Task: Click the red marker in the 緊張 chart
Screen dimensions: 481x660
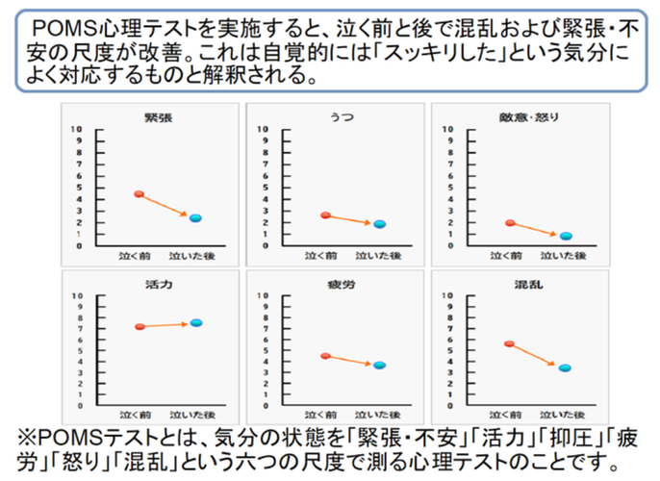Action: point(139,194)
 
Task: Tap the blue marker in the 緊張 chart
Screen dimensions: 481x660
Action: point(194,218)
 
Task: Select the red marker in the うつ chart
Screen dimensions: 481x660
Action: point(325,215)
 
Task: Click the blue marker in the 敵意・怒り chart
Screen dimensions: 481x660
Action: point(566,236)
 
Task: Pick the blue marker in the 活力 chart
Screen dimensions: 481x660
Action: point(195,323)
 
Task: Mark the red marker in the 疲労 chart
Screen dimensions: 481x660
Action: point(325,356)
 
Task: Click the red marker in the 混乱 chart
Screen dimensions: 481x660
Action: point(510,343)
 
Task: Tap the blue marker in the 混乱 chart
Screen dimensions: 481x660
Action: point(566,368)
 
